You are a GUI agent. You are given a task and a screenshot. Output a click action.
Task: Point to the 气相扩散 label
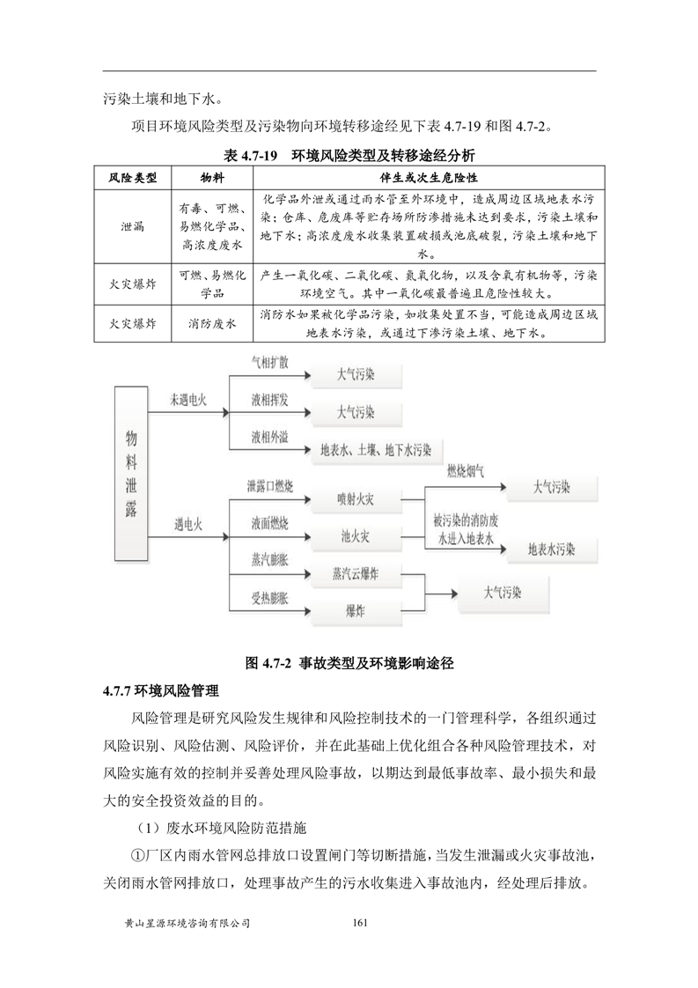269,363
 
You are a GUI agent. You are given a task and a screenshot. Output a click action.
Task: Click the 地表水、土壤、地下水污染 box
375,450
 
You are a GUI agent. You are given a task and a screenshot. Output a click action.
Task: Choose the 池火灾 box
356,535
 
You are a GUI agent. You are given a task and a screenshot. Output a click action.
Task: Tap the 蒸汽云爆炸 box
356,573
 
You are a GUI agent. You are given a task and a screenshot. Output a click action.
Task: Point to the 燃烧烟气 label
465,471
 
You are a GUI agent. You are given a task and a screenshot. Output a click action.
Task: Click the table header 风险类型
133,178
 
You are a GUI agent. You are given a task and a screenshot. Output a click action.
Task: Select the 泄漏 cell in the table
133,225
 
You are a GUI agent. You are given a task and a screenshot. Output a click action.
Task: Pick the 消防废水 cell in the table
212,324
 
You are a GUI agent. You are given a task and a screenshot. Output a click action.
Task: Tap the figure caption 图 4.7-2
349,662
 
